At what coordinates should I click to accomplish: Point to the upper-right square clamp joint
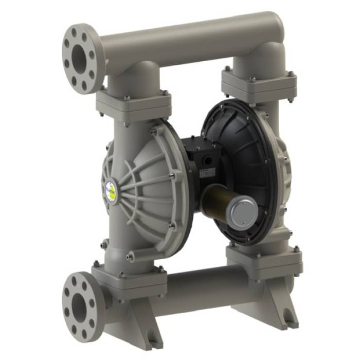coord(259,82)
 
